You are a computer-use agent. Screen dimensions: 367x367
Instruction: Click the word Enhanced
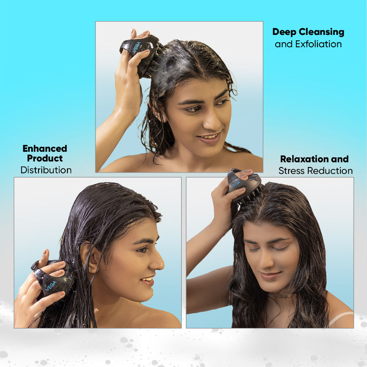(x=45, y=149)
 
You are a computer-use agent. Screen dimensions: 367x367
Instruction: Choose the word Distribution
(x=46, y=170)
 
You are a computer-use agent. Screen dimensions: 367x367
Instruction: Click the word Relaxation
(x=303, y=160)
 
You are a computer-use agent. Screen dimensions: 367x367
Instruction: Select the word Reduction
(x=332, y=171)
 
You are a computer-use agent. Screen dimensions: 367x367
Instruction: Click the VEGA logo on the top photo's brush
(x=136, y=48)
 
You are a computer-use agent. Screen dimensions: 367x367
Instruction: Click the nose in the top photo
(x=214, y=120)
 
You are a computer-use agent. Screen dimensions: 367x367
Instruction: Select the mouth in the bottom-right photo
(x=270, y=276)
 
